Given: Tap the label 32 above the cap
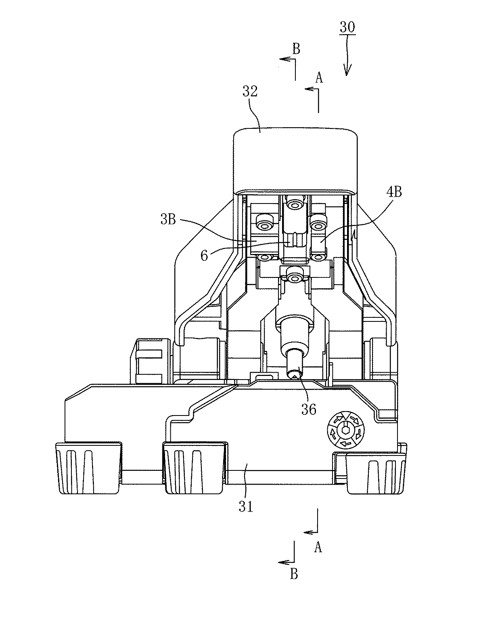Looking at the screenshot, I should click(x=250, y=91).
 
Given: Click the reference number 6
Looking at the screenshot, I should click(x=205, y=255).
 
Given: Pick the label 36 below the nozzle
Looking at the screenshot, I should click(x=308, y=409).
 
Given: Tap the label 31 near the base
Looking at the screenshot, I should click(x=246, y=506).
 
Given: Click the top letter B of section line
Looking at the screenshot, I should click(x=296, y=49).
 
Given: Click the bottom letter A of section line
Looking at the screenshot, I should click(x=318, y=548).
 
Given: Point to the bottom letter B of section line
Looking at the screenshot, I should click(x=294, y=574).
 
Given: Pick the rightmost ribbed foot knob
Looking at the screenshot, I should click(x=376, y=470).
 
